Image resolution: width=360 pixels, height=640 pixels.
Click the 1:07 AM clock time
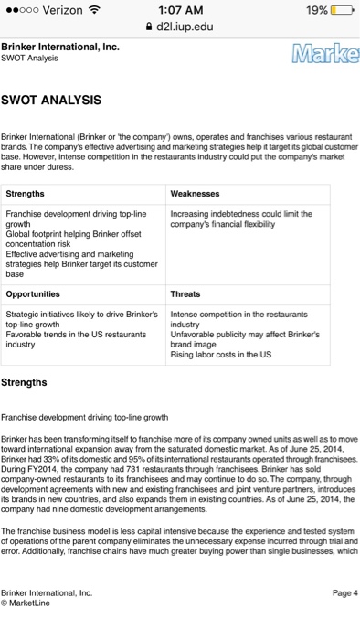pos(179,9)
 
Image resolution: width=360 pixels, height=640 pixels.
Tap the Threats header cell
pos(186,294)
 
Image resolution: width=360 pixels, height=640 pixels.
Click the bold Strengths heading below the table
pos(26,381)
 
